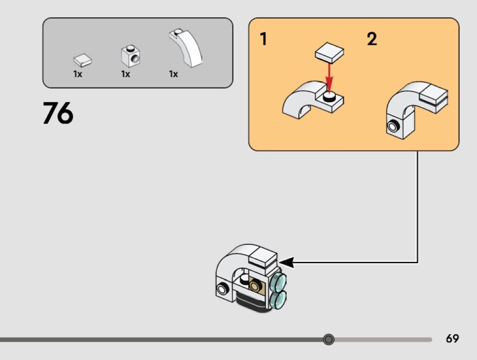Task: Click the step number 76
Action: [58, 113]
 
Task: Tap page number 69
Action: [452, 339]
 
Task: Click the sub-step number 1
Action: [263, 39]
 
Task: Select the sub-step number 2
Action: [372, 39]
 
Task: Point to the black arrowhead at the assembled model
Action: [286, 262]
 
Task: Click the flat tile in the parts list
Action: [83, 60]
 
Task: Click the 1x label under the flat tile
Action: [78, 74]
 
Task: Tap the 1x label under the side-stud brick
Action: [125, 74]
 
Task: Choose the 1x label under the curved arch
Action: [174, 74]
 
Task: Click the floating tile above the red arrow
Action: [329, 54]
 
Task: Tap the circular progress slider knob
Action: [329, 339]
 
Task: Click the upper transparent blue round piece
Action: [278, 282]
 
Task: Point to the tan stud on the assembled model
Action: [257, 286]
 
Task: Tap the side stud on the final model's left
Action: [223, 288]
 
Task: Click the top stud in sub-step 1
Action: [329, 95]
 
